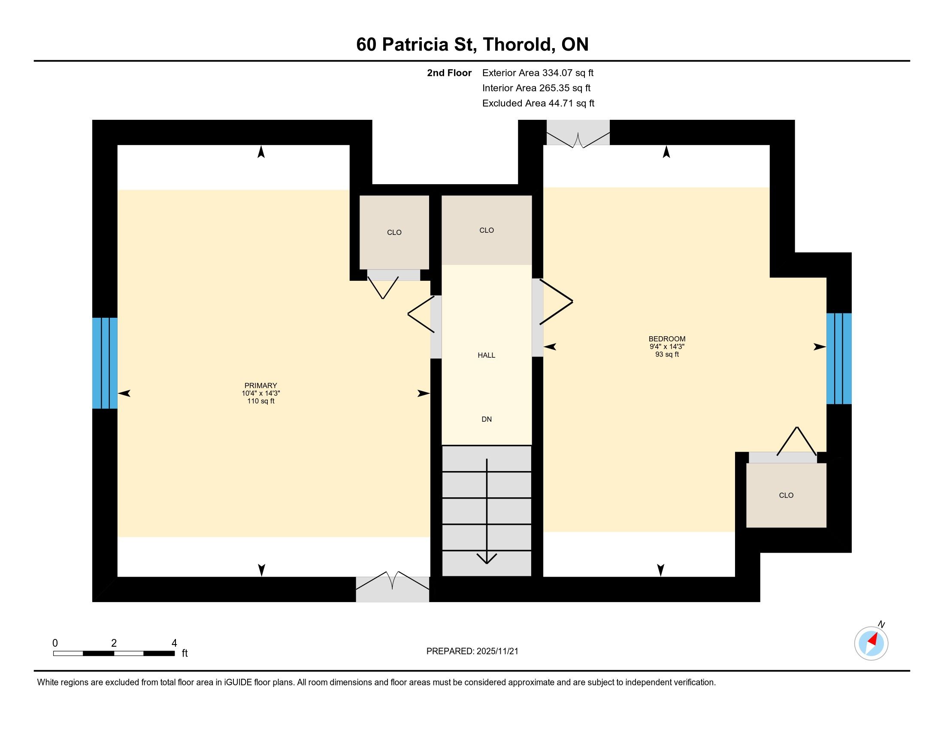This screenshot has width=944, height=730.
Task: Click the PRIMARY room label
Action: pyautogui.click(x=260, y=385)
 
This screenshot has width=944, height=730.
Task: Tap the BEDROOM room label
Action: pyautogui.click(x=667, y=339)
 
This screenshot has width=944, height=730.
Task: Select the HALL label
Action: pyautogui.click(x=486, y=356)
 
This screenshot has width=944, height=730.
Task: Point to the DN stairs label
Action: pyautogui.click(x=487, y=419)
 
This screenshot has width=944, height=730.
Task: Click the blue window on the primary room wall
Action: pyautogui.click(x=105, y=363)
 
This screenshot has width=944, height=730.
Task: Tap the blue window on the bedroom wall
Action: pyautogui.click(x=839, y=359)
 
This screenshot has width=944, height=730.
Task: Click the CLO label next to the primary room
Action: pyautogui.click(x=394, y=233)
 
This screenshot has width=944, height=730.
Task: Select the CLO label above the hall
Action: pyautogui.click(x=487, y=231)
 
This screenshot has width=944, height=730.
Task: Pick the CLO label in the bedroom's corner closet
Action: pyautogui.click(x=786, y=496)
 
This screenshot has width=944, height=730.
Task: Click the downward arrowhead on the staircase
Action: pyautogui.click(x=487, y=558)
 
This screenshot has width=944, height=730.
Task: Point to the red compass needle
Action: pyautogui.click(x=874, y=639)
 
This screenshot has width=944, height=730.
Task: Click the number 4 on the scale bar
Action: pyautogui.click(x=174, y=643)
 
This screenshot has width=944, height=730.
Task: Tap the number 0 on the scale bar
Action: pyautogui.click(x=55, y=643)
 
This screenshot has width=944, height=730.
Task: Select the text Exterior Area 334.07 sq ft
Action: pyautogui.click(x=538, y=73)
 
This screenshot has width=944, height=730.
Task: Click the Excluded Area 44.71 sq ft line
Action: pyautogui.click(x=538, y=103)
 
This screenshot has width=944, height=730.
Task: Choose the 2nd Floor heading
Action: pyautogui.click(x=449, y=73)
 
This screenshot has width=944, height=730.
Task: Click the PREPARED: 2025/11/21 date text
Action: pyautogui.click(x=472, y=651)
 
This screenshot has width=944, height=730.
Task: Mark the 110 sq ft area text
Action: pyautogui.click(x=260, y=401)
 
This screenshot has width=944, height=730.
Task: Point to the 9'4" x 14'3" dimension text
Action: pyautogui.click(x=667, y=347)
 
